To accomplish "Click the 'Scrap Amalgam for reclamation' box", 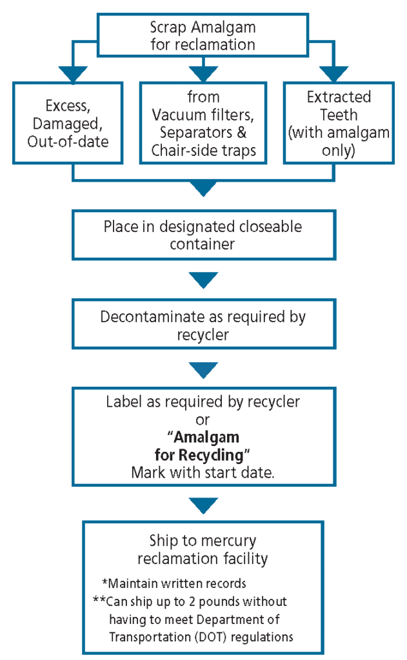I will [x=203, y=35].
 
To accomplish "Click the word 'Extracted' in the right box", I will [x=339, y=97].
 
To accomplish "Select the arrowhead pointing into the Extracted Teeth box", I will [x=334, y=73].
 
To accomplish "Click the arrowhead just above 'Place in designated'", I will [x=203, y=189].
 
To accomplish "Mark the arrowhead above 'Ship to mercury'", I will [x=203, y=505].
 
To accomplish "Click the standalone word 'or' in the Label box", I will [x=203, y=420].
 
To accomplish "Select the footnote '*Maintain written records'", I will [x=174, y=584].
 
